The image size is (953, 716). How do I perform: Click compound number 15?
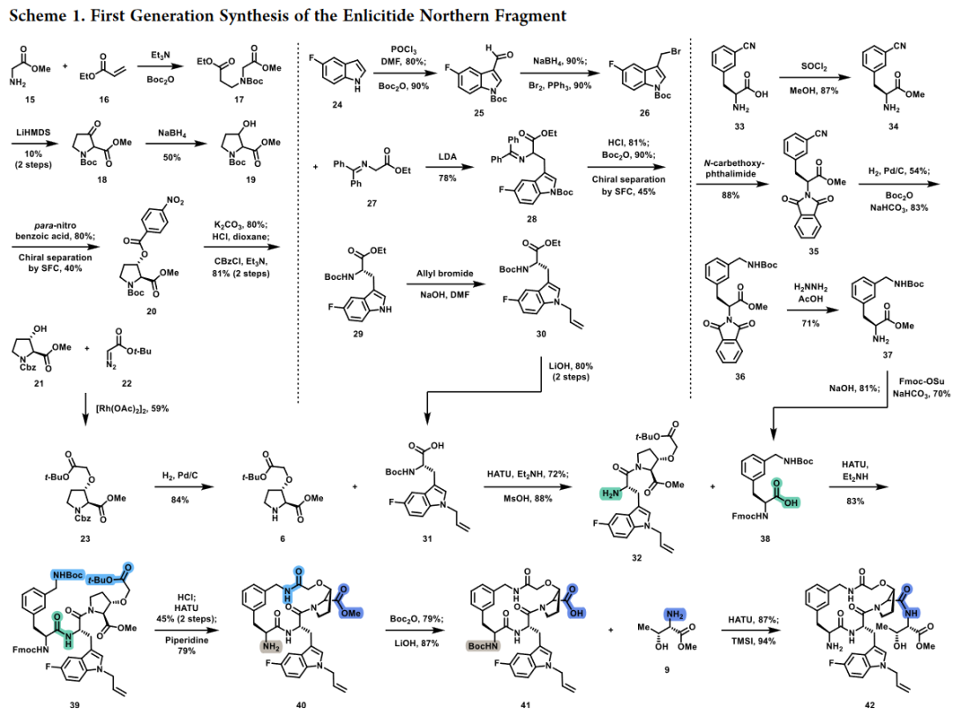[x=30, y=99]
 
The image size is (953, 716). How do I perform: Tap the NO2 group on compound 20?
[x=175, y=200]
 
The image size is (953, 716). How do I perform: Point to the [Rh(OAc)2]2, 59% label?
[x=131, y=408]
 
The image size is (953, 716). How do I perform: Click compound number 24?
[x=337, y=105]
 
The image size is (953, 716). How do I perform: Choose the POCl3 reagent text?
[x=404, y=50]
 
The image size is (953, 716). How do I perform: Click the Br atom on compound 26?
[x=675, y=52]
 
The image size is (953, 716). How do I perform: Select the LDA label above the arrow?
[x=447, y=156]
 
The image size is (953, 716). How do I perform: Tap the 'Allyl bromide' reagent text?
[x=445, y=273]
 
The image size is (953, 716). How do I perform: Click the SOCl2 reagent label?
[x=814, y=66]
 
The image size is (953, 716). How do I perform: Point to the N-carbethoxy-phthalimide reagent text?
[x=730, y=169]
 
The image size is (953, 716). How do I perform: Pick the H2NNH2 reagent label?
[x=811, y=287]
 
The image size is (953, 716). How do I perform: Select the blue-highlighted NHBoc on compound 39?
[x=67, y=575]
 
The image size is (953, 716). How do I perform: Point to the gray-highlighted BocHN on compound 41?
[x=484, y=645]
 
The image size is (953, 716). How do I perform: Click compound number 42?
[x=870, y=705]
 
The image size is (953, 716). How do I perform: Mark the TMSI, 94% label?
[x=749, y=641]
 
